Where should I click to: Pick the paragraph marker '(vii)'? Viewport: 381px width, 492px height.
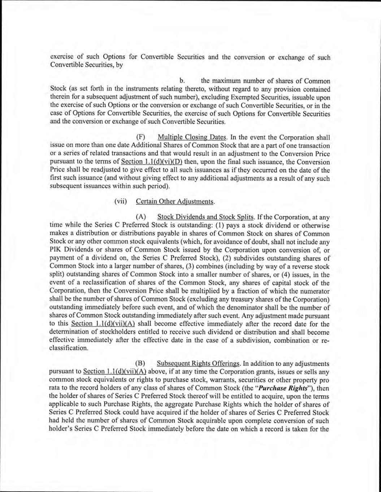coord(121,201)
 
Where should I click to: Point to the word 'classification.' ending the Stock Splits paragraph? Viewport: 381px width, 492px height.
coord(69,349)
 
